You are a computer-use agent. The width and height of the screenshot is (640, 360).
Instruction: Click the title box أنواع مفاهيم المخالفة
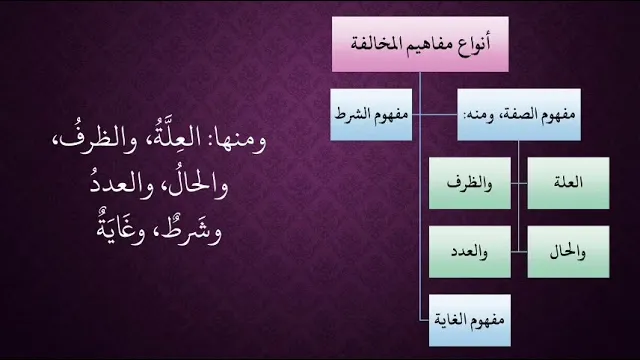pos(420,44)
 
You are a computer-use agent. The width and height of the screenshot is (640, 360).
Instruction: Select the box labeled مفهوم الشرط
pos(371,115)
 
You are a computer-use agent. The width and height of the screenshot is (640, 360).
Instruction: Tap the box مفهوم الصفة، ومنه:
pos(519,115)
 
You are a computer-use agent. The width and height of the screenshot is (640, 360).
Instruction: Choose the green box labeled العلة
pos(568,183)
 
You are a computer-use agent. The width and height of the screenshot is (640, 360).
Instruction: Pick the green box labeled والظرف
pos(469,183)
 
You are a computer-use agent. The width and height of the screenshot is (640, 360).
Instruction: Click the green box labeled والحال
pos(568,252)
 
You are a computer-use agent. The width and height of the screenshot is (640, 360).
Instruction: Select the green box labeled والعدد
pos(469,252)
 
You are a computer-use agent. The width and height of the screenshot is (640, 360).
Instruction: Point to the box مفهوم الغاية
pos(469,320)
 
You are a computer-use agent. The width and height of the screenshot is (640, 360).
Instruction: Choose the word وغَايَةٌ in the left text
pos(121,231)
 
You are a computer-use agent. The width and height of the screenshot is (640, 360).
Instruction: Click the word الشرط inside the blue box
pos(351,114)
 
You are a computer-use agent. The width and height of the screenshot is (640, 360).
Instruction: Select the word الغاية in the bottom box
pos(450,319)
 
